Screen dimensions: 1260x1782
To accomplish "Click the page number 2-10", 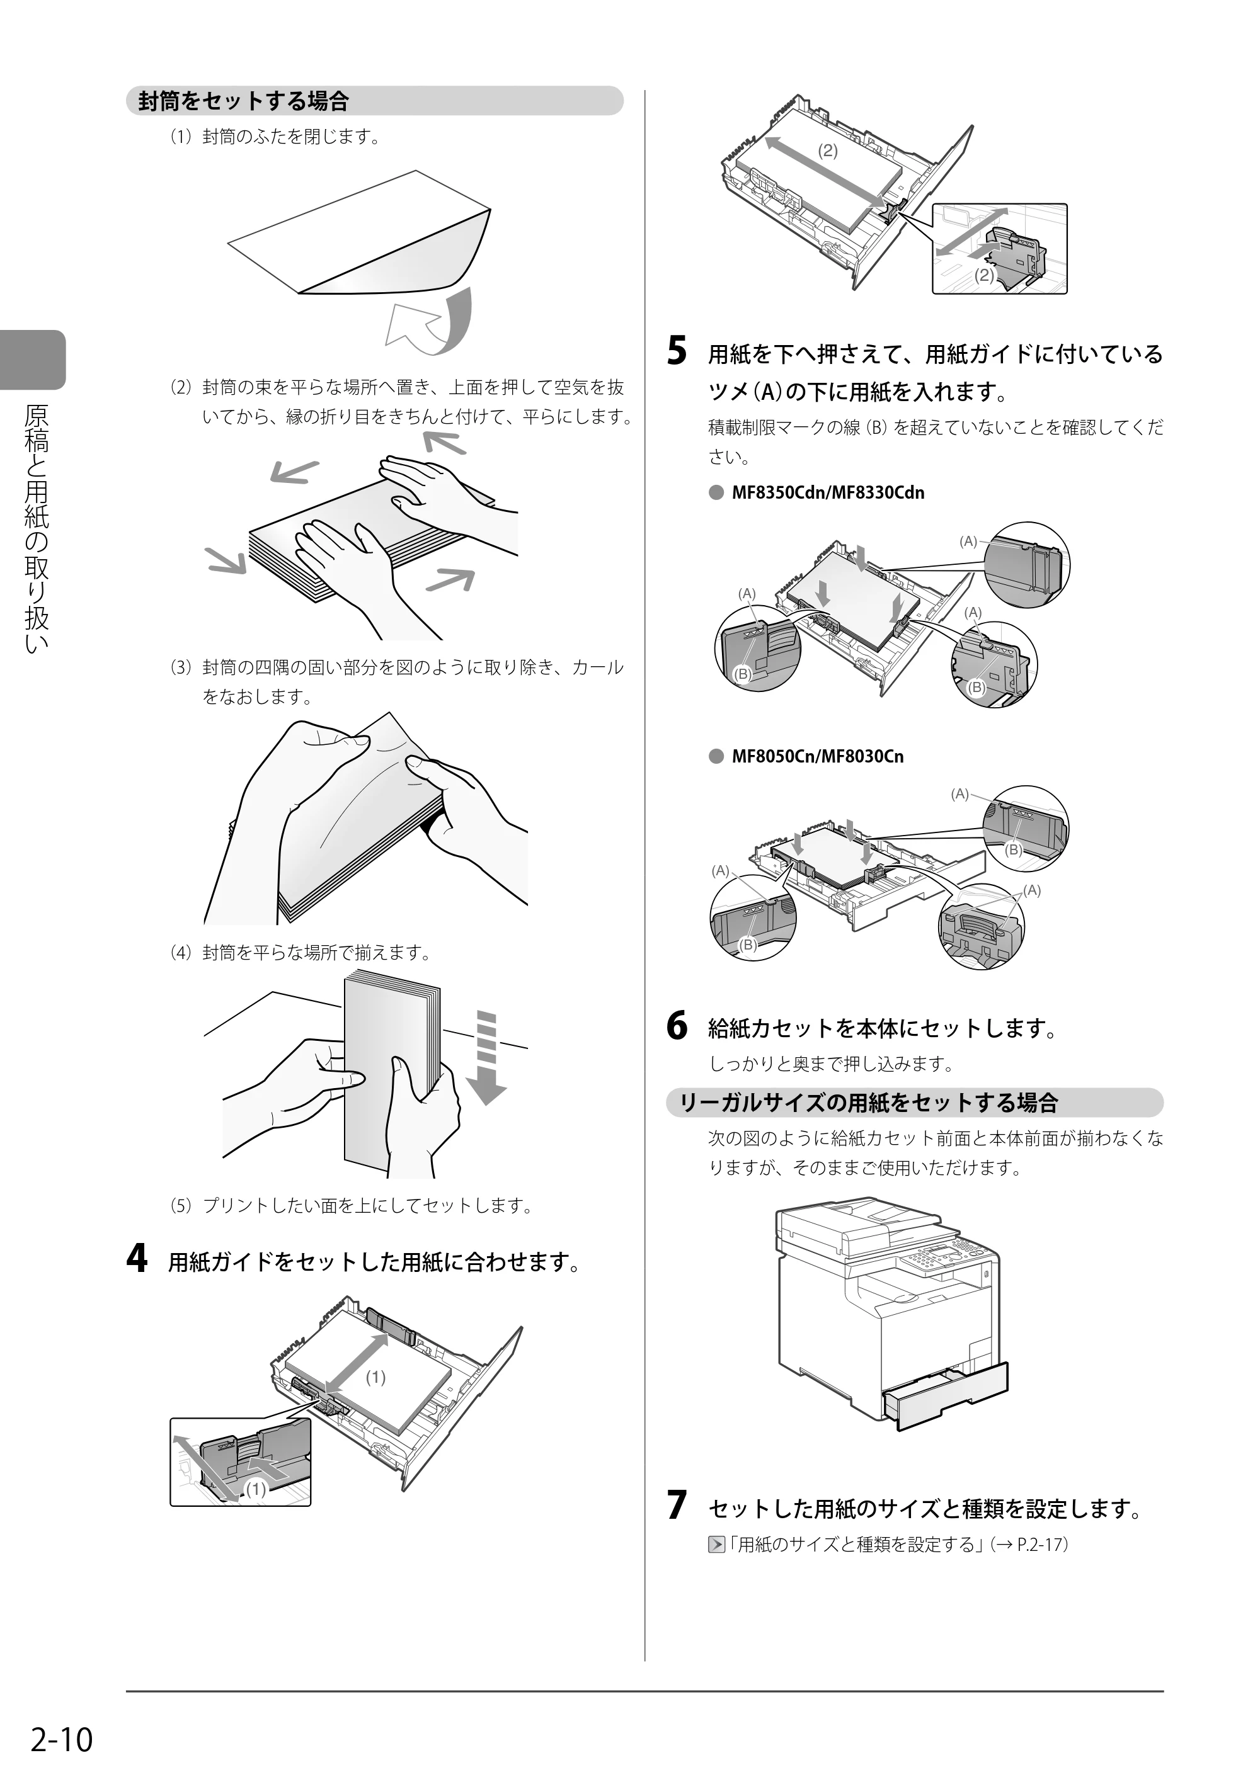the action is tap(62, 1740).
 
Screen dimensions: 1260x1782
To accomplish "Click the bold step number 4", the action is tap(136, 1259).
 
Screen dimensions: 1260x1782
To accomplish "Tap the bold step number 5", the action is tap(677, 351).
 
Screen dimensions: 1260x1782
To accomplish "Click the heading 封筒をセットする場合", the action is tap(244, 101).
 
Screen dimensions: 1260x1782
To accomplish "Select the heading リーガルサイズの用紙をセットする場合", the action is tap(869, 1103).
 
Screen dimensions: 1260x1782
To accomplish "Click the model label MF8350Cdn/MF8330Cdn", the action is tap(828, 492).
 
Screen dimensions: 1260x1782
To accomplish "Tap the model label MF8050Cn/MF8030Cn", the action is tap(818, 756).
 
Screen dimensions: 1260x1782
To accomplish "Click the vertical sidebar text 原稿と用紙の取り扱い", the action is tap(36, 528).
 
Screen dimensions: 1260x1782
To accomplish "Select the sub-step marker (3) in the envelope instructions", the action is tap(180, 667).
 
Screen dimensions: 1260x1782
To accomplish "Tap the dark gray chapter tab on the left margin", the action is tap(33, 360).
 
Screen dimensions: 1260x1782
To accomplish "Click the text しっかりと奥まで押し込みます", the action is tap(832, 1064).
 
